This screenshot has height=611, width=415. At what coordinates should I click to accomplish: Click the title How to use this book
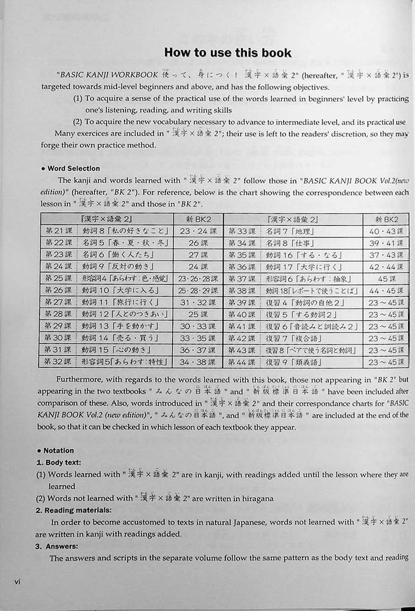(x=228, y=53)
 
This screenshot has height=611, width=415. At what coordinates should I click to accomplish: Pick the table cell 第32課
(x=59, y=362)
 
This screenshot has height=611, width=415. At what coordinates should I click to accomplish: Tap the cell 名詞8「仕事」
(x=289, y=243)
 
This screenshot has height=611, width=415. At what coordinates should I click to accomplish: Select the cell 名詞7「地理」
(x=289, y=231)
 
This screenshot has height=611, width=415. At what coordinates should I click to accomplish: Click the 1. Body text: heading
(x=62, y=462)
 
